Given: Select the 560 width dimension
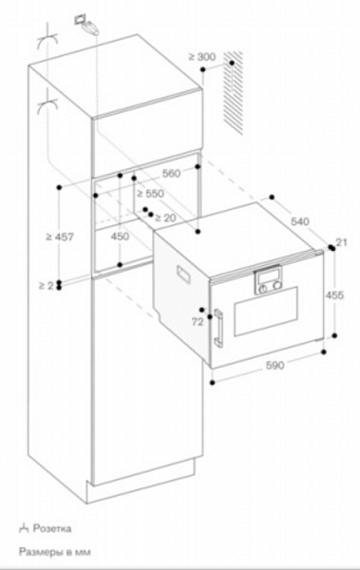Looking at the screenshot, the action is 171,174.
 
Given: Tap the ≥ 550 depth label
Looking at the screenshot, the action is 152,193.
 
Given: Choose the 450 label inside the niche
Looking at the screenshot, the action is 121,236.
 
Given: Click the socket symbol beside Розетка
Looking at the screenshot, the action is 21,527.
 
